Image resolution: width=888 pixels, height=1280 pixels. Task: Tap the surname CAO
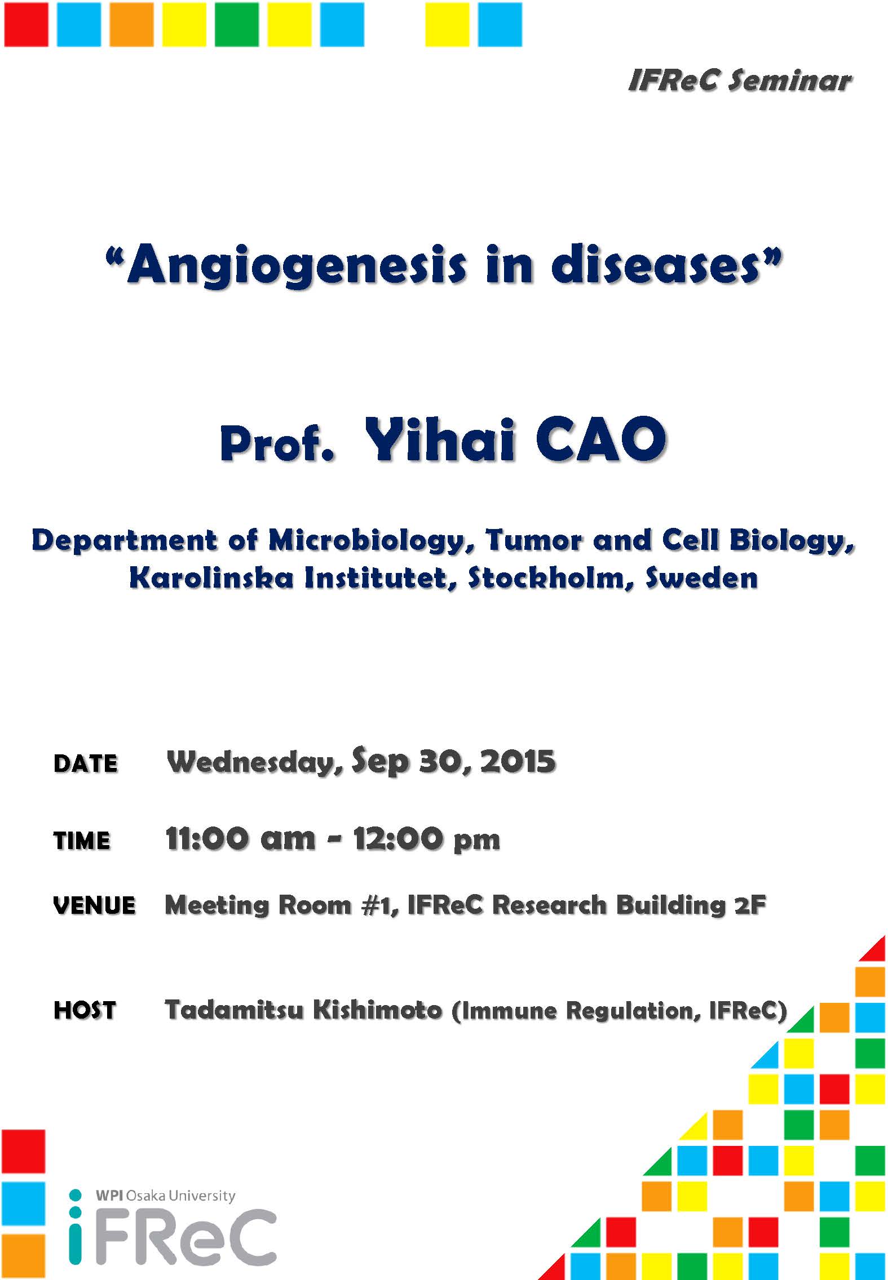(601, 439)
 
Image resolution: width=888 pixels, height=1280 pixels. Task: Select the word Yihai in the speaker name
(440, 439)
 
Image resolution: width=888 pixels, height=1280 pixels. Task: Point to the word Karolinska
(211, 578)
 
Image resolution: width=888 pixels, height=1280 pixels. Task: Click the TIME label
(82, 841)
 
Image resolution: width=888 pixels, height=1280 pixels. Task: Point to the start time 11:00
(207, 839)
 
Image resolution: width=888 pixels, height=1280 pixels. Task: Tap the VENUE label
(95, 905)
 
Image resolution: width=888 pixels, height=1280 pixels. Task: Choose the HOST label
(85, 1010)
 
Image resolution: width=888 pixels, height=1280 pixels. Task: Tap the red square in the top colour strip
(26, 24)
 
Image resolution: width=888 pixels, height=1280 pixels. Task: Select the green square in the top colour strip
(237, 24)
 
